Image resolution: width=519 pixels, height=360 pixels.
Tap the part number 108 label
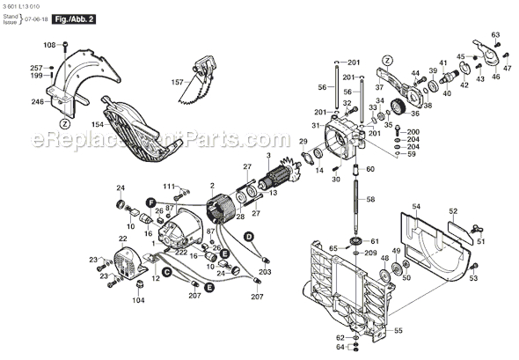[x=49, y=45]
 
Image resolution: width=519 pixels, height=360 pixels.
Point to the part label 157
[x=177, y=84]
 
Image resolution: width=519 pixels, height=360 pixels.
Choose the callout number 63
[x=495, y=35]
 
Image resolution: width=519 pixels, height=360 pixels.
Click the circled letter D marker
[x=249, y=236]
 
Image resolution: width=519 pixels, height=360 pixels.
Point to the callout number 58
[x=370, y=201]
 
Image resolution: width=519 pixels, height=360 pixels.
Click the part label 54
[x=417, y=205]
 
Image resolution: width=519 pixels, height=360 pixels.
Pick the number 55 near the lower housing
[x=373, y=330]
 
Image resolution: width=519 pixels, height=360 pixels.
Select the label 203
[x=265, y=274]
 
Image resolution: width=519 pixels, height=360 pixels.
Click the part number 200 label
[x=413, y=131]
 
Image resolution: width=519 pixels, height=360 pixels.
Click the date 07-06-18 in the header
[x=40, y=18]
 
